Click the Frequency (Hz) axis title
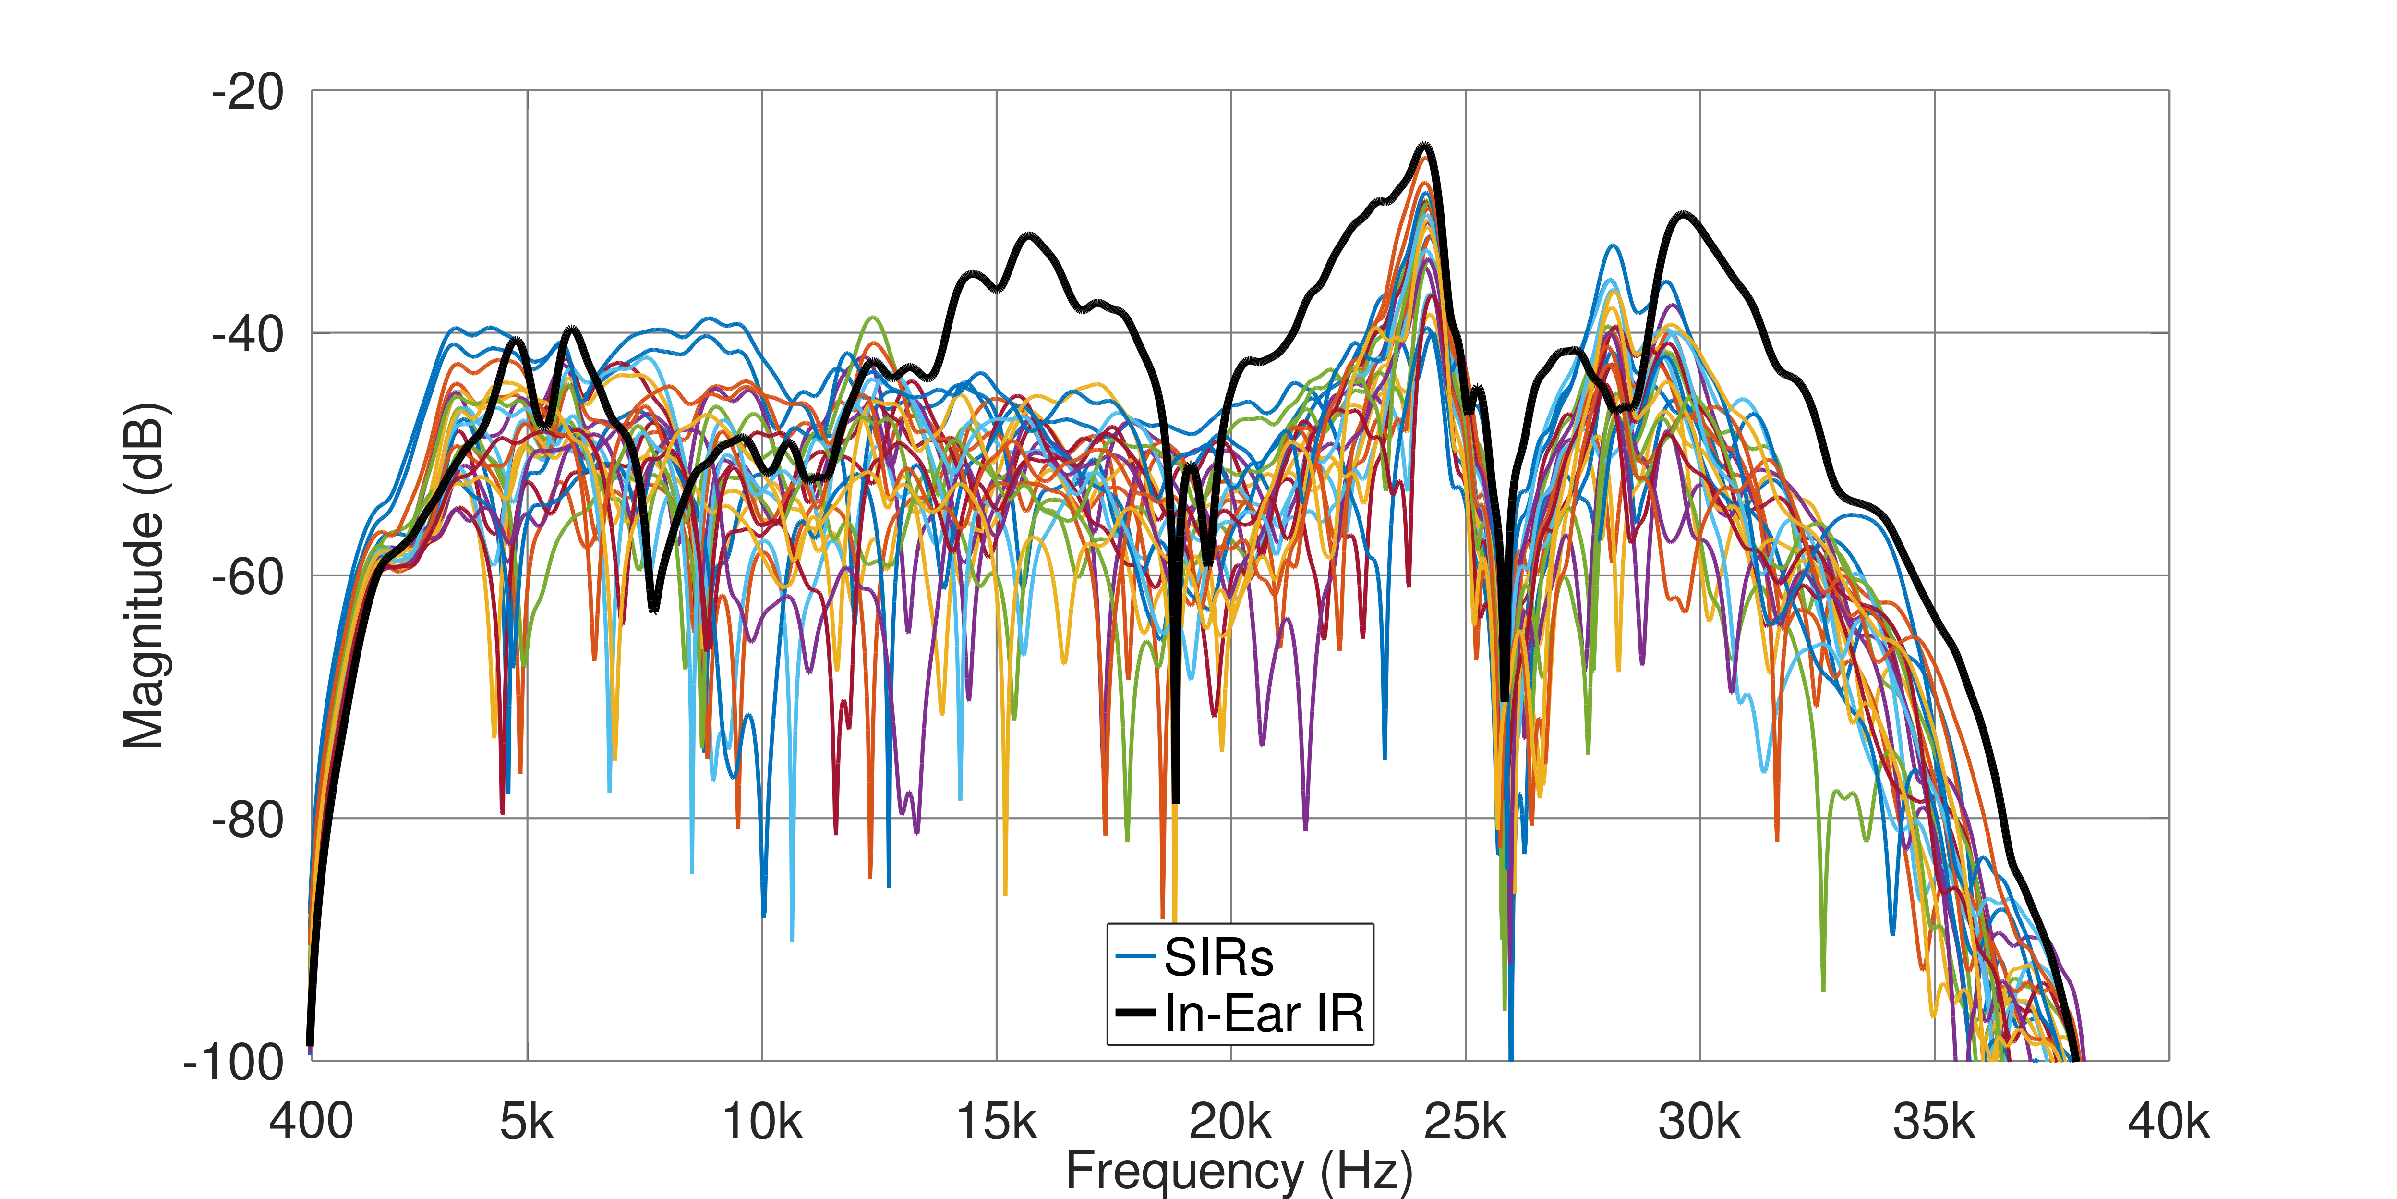(x=1240, y=1171)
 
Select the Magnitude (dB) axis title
(x=144, y=575)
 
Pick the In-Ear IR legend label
(x=1264, y=1014)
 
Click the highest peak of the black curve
(x=1425, y=146)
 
